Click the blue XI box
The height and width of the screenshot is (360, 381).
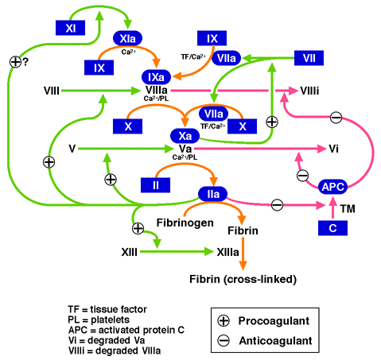[70, 28]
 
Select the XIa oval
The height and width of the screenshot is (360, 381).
[128, 39]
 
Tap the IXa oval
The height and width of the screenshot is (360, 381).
[156, 77]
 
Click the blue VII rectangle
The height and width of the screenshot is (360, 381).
[309, 58]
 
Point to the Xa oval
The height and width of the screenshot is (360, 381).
[185, 136]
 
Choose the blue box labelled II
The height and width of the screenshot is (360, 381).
[155, 185]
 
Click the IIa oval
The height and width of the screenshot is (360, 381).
[213, 194]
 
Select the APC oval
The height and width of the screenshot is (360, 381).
[332, 187]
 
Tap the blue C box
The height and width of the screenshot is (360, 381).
[332, 228]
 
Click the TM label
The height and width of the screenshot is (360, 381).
[348, 209]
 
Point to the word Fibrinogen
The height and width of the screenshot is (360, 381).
[185, 223]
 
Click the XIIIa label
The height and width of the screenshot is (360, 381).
[227, 252]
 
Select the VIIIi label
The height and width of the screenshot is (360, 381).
[309, 91]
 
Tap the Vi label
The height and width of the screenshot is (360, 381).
[333, 149]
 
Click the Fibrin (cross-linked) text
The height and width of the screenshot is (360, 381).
[243, 279]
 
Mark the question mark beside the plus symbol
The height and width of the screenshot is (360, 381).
[25, 62]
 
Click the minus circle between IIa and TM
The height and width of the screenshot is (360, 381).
[277, 205]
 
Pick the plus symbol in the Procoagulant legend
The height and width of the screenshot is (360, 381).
[224, 320]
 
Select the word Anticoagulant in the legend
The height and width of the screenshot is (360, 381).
[275, 341]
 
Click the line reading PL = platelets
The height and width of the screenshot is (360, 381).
[99, 319]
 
